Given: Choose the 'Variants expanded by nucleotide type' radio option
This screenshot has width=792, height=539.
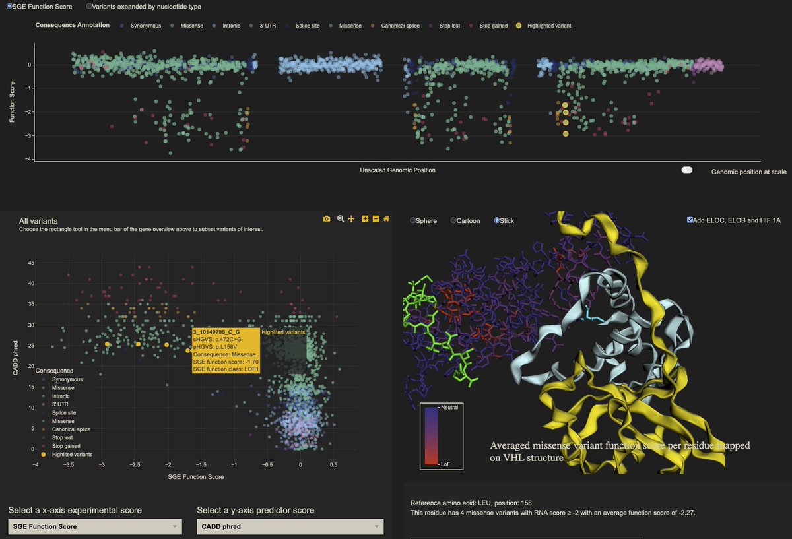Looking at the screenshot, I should (x=89, y=6).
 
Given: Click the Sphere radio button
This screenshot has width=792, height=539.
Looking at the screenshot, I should (x=413, y=220).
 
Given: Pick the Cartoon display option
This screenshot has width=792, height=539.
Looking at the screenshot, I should (x=454, y=220).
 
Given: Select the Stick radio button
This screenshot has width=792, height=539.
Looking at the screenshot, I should (x=498, y=220).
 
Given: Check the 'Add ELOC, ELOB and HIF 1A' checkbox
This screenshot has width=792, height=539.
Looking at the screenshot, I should (x=690, y=220).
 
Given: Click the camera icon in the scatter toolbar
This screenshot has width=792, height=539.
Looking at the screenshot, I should (x=326, y=218).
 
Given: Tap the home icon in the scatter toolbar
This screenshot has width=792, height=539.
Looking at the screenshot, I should (x=386, y=218).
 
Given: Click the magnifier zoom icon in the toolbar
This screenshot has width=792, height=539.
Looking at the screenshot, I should (x=341, y=218).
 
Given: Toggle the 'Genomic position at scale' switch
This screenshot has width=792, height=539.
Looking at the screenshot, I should (x=686, y=170).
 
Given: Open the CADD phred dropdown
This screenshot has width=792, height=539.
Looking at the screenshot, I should (x=290, y=526).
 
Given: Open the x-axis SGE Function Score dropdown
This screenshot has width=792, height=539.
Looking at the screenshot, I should (x=94, y=526).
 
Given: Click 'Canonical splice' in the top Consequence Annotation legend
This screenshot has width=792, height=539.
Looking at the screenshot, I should (x=400, y=26).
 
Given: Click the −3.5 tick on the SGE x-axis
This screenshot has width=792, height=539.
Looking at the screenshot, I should (x=68, y=464).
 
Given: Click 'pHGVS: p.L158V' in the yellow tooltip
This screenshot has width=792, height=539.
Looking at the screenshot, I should (x=216, y=347).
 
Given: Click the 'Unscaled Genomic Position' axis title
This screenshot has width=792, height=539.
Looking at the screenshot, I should (x=397, y=170).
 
